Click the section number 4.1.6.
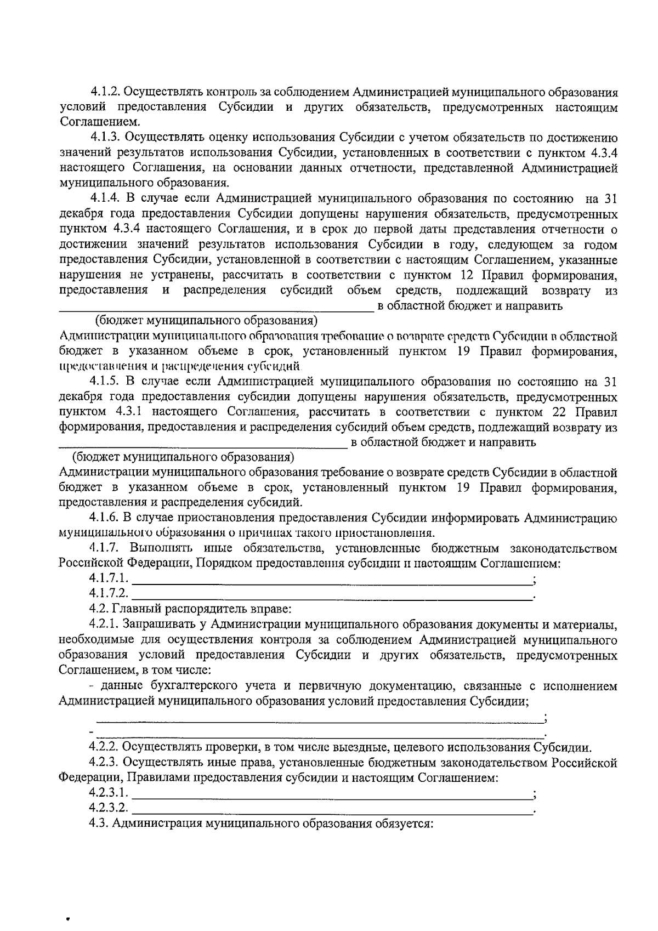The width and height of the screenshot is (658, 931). coord(104,517)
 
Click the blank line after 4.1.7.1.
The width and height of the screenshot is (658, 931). coord(332,578)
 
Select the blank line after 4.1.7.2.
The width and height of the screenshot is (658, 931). coord(332,594)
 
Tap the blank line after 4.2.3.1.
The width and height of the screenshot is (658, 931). coord(332,793)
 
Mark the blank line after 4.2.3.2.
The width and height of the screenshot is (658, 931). coord(332,808)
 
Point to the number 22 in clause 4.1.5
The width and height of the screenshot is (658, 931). coord(566,412)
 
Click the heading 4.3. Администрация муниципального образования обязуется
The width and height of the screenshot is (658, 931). coord(261,824)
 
